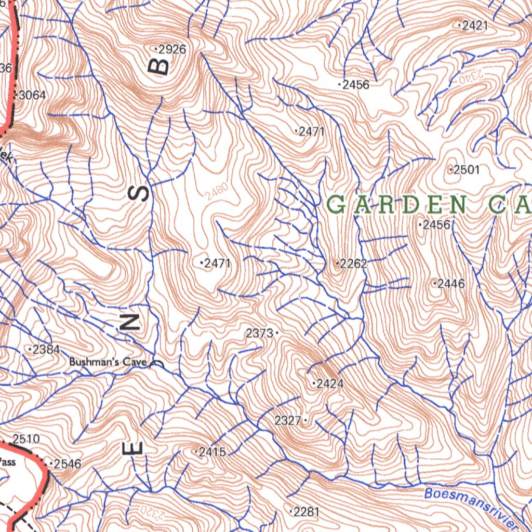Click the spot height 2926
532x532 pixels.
[x=171, y=50]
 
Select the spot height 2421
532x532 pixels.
[x=474, y=25]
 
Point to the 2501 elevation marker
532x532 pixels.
[x=466, y=170]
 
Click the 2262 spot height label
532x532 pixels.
[x=353, y=264]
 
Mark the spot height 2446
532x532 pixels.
[x=450, y=284]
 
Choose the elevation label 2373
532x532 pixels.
[x=259, y=334]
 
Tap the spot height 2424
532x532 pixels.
[x=329, y=384]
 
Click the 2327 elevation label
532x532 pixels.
[x=288, y=421]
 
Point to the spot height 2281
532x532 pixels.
[x=306, y=512]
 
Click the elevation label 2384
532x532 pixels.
[x=45, y=350]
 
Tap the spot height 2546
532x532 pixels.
[x=67, y=463]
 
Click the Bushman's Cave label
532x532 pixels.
[x=108, y=362]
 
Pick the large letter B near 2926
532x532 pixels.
[x=161, y=66]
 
